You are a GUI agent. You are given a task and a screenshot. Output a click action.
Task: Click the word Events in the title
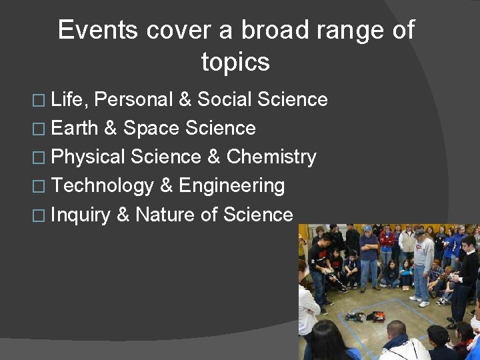coord(98,31)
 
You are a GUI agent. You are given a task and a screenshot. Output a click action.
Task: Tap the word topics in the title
coord(235,63)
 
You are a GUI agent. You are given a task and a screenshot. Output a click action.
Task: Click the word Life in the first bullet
coord(69,100)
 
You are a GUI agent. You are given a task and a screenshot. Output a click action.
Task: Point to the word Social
coord(223,100)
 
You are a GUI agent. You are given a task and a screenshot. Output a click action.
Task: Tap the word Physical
coord(88,157)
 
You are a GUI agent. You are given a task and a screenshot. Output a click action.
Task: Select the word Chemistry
coord(271,157)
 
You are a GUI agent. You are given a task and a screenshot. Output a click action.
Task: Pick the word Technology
coord(102,186)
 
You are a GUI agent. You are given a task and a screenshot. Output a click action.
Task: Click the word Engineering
coord(231,186)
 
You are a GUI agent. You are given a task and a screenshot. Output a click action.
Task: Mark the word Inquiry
coord(80,215)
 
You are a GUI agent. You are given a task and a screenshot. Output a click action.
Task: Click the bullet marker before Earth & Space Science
coord(41,129)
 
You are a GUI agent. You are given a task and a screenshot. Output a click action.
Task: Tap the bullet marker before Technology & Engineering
coord(41,187)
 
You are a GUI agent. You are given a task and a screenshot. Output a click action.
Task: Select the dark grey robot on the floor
coord(354,315)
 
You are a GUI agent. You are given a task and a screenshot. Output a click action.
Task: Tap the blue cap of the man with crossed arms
coord(367,229)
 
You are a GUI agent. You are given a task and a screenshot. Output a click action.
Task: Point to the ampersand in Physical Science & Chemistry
coord(213,157)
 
